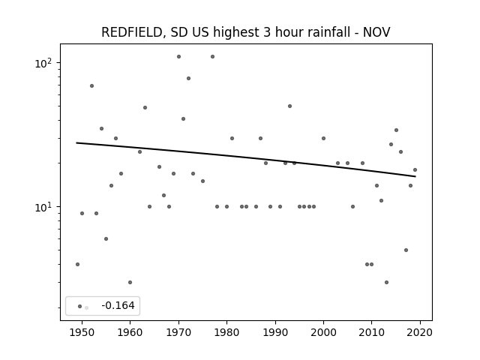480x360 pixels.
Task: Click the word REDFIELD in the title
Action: [132, 32]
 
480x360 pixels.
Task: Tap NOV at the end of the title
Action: [376, 32]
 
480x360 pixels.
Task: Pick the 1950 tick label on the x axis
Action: [82, 332]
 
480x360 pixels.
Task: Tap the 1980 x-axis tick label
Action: [226, 332]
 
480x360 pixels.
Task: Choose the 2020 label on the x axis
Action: [420, 332]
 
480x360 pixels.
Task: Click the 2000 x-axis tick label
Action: [323, 332]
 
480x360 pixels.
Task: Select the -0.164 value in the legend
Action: [118, 305]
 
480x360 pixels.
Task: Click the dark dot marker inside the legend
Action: [80, 307]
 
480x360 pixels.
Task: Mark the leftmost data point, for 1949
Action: [77, 264]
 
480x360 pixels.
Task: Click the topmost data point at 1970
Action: [178, 57]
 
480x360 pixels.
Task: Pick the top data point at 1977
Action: [212, 57]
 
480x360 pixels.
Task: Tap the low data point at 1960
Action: [130, 282]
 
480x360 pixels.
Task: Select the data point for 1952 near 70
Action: [91, 86]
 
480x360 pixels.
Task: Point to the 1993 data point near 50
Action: [290, 106]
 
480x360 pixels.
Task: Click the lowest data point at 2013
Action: [387, 282]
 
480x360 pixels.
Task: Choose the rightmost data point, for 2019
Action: [415, 170]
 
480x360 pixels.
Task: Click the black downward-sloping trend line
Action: [246, 160]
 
